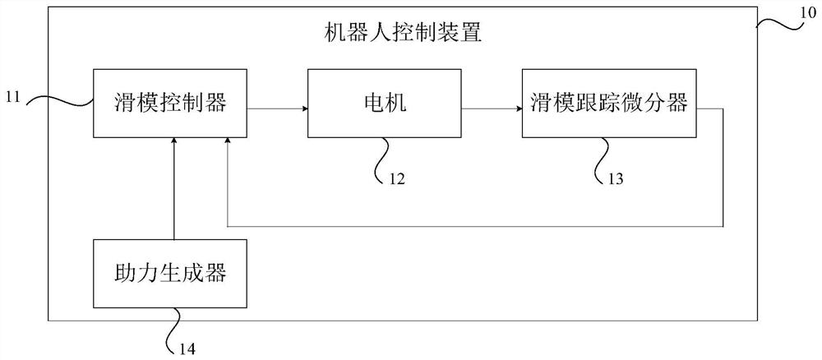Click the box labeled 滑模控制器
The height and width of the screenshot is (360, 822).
click(169, 104)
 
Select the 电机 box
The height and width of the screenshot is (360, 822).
click(384, 104)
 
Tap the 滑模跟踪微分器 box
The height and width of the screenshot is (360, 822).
click(609, 104)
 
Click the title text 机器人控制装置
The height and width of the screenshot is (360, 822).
click(404, 35)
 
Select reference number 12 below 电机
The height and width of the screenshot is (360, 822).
click(398, 177)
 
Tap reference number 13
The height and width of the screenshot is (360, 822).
click(616, 177)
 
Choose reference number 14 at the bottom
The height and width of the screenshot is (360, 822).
click(187, 347)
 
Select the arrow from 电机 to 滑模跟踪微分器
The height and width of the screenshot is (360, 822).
click(492, 108)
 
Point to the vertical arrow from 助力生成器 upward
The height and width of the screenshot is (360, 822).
click(173, 189)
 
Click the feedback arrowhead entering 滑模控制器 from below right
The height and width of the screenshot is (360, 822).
click(227, 144)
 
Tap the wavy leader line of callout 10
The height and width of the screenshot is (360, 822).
click(777, 23)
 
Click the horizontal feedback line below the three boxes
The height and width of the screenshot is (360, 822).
click(477, 225)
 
